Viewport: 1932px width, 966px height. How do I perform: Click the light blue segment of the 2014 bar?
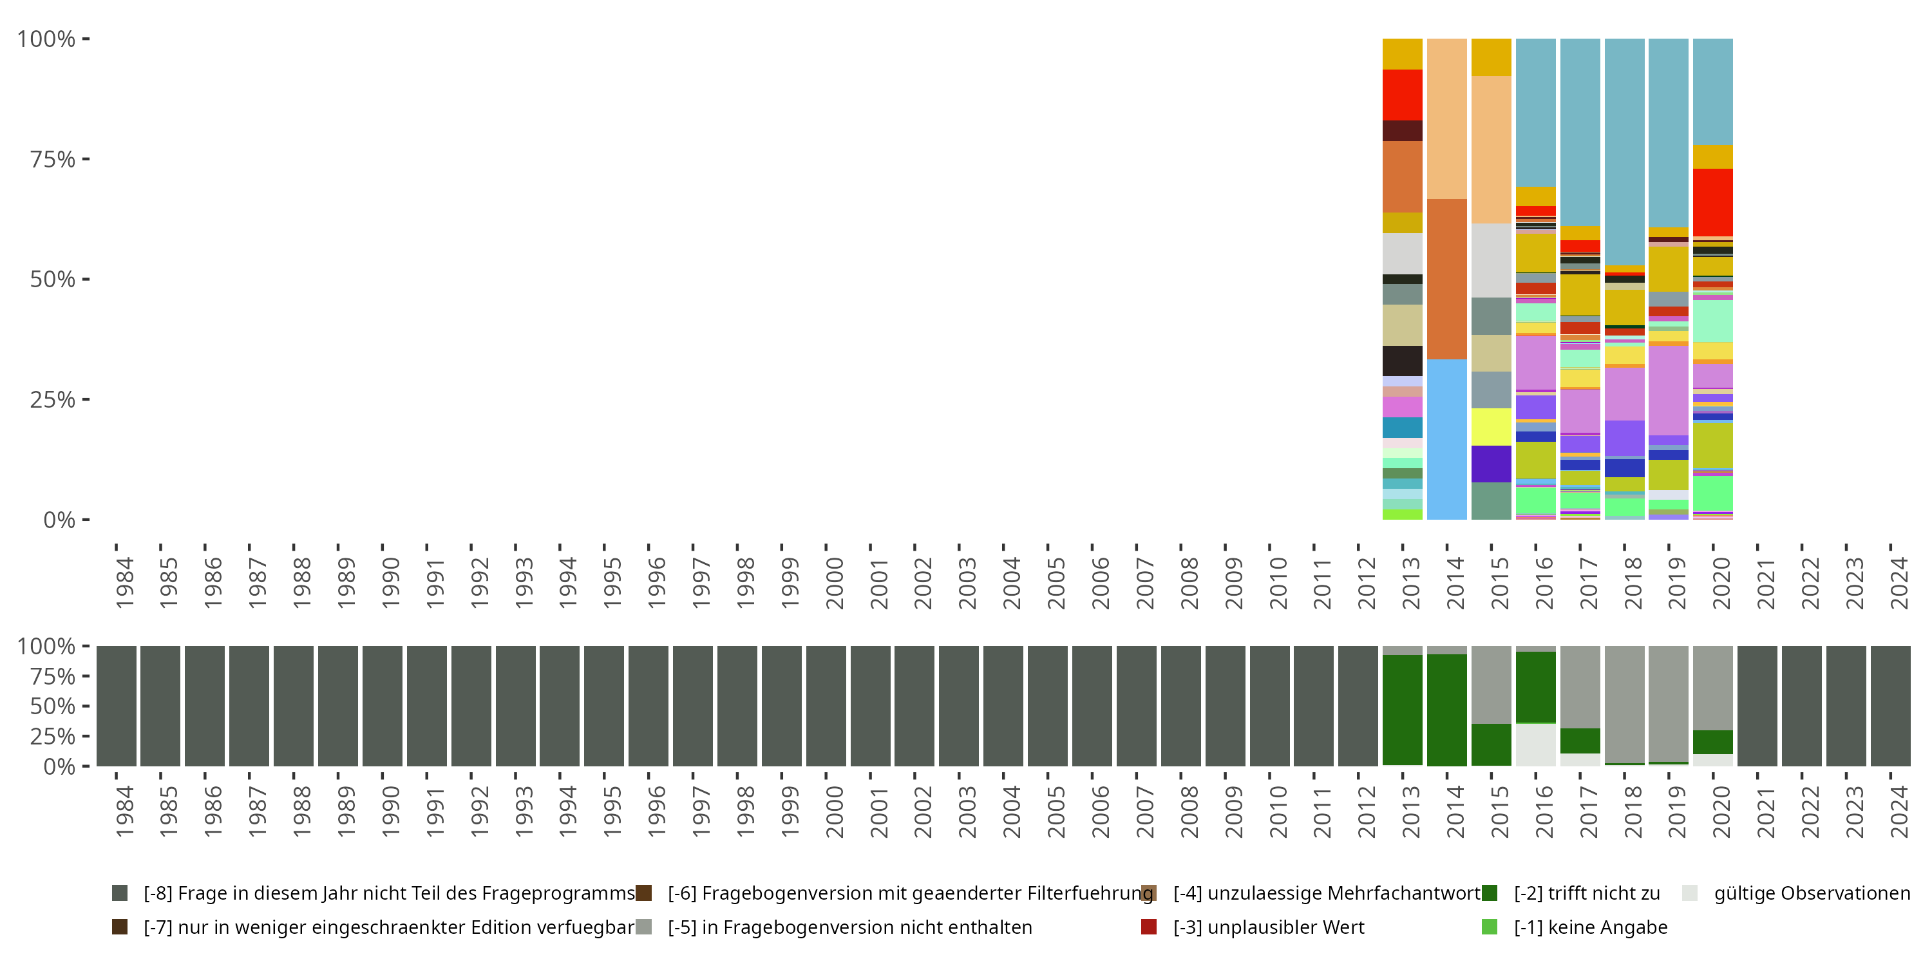click(1447, 439)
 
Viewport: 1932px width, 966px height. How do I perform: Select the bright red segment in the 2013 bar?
click(1402, 95)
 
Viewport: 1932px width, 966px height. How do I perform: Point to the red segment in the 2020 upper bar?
click(1713, 202)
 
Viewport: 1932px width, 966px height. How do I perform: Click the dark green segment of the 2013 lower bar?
click(1402, 710)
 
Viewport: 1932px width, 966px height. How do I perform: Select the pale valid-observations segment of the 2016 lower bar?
click(1535, 744)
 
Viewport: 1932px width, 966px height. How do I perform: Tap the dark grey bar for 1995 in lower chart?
click(604, 706)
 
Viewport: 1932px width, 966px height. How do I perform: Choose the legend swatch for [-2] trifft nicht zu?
click(1490, 893)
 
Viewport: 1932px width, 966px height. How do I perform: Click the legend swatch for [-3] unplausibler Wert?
click(1148, 926)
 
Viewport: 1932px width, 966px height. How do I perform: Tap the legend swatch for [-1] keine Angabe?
click(1490, 926)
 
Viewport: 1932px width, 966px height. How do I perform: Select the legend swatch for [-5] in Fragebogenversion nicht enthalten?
click(643, 926)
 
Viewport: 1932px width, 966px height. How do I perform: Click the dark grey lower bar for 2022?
click(1801, 706)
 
